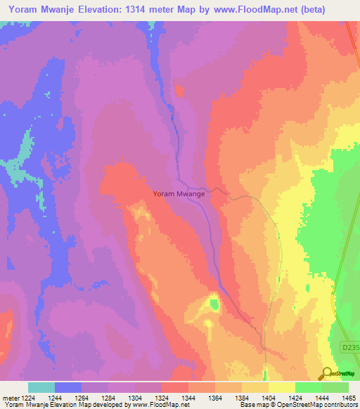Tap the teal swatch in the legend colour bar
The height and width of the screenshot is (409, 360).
click(41, 387)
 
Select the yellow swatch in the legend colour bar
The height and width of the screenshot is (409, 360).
click(281, 387)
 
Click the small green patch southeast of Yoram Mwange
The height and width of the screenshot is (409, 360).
click(214, 304)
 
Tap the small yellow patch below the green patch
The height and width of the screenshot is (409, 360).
click(208, 323)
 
